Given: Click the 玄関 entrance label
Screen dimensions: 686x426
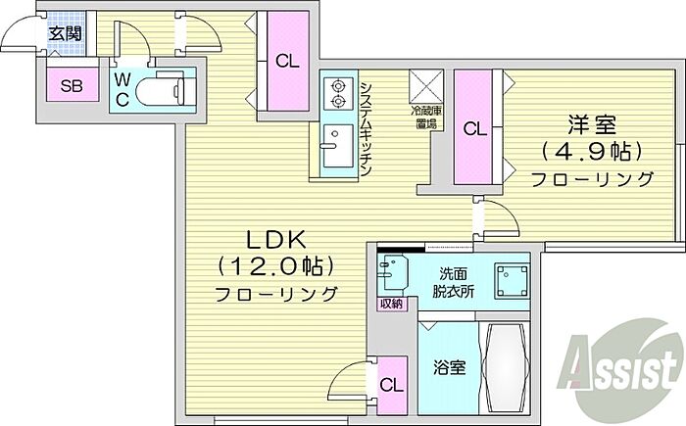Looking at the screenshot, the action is point(65,33).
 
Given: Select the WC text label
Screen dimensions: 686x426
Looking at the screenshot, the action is point(122,90).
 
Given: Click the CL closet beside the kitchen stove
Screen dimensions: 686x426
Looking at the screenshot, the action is point(287,61).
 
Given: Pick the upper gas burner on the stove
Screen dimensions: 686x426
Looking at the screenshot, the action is point(337,85).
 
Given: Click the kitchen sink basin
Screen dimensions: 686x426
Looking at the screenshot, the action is point(338,146).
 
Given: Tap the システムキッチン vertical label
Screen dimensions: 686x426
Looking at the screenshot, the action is point(366,129).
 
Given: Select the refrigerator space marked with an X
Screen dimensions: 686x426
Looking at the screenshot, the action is point(426,86).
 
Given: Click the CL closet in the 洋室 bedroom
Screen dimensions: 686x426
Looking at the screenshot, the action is point(474,127).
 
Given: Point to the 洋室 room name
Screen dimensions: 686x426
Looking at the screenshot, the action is point(592,124).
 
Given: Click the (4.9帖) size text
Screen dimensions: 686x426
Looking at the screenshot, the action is point(592,152).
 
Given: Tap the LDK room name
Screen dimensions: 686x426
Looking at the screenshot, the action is point(275,240).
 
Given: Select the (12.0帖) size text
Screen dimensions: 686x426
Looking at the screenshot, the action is point(275,266).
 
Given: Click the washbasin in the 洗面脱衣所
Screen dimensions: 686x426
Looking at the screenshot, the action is point(392,273).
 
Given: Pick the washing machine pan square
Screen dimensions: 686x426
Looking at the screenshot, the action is point(512,281).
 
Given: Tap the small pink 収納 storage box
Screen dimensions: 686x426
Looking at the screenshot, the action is point(392,304).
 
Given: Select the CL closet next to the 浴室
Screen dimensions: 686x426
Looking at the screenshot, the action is point(392,385).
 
